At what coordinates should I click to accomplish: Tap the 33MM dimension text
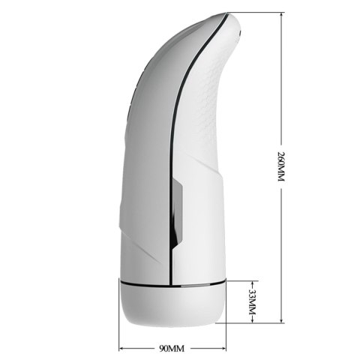[252, 302]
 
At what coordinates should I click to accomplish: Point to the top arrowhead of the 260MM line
[281, 15]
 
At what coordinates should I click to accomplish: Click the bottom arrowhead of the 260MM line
[281, 327]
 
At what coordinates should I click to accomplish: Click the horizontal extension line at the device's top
[262, 13]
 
